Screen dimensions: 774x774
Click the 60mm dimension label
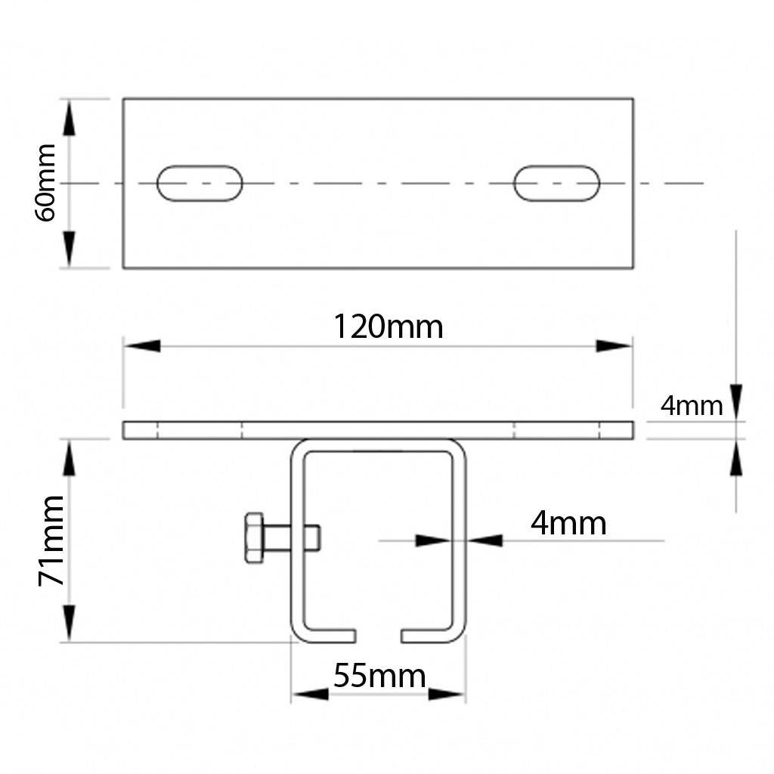pos(45,183)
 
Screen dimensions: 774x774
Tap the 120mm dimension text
pos(389,327)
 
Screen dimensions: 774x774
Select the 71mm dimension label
pos(51,540)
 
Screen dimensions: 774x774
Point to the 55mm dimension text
pos(379,676)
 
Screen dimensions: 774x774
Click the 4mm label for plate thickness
pos(692,406)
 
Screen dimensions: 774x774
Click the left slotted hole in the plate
pos(200,183)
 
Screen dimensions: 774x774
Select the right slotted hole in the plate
pos(557,183)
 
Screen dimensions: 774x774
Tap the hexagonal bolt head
pos(254,537)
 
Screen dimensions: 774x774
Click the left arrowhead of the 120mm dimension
pos(142,345)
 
